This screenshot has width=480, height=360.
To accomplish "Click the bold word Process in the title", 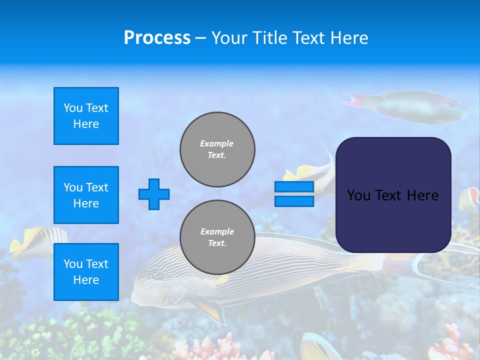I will click(157, 38).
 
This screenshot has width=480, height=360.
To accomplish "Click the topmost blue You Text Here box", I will click(86, 116).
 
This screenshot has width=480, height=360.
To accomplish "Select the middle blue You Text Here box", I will click(86, 195).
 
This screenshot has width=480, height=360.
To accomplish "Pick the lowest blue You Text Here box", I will click(86, 271).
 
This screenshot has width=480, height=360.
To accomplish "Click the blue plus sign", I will click(154, 194).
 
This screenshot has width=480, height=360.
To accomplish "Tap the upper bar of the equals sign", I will click(294, 186).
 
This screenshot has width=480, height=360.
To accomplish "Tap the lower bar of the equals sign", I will click(294, 201).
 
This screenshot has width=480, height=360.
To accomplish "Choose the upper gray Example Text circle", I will click(217, 149).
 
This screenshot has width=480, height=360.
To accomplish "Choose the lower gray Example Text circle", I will click(217, 237).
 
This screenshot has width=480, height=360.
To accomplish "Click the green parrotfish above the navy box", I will click(415, 106).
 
